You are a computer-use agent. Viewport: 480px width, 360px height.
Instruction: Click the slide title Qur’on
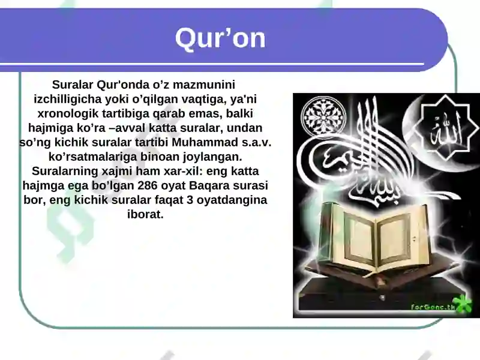[x=220, y=38]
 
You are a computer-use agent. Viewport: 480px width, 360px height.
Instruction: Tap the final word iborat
[x=145, y=214]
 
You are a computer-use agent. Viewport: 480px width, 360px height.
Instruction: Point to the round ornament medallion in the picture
[x=320, y=115]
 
